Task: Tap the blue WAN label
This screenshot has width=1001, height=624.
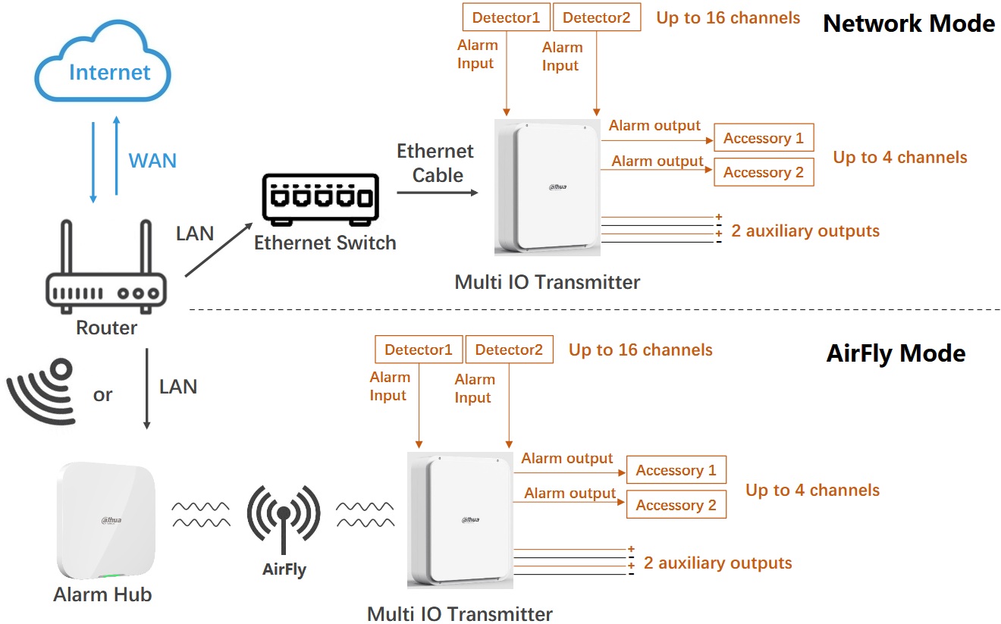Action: (x=152, y=161)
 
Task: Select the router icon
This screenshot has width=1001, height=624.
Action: (x=105, y=268)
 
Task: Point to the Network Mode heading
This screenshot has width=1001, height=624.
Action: (x=908, y=24)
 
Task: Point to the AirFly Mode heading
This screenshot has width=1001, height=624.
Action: (x=896, y=353)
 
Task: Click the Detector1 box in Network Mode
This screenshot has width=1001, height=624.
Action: (x=506, y=17)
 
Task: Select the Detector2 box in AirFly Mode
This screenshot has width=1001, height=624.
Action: (x=509, y=350)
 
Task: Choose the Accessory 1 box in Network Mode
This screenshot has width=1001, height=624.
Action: (x=763, y=138)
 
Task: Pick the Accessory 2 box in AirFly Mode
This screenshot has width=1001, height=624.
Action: (x=676, y=505)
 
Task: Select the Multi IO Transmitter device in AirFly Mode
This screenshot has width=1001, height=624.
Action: (x=460, y=519)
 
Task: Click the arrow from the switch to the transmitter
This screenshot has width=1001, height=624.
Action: (x=438, y=193)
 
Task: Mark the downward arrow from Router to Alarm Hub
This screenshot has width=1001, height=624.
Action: (x=147, y=388)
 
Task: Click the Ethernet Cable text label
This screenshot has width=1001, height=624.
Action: (x=435, y=163)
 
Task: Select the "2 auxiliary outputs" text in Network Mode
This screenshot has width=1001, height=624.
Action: (x=805, y=231)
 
